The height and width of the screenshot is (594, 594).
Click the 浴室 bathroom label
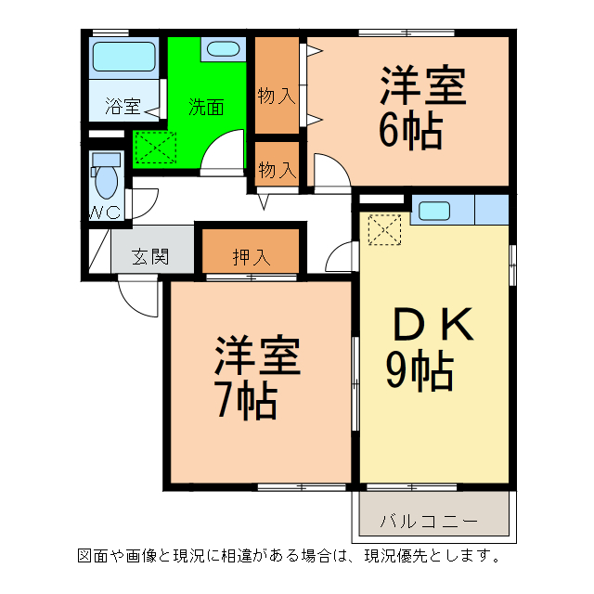click(122, 107)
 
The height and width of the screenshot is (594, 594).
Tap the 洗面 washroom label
click(206, 107)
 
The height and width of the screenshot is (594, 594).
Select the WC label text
click(105, 213)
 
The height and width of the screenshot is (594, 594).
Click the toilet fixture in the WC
click(105, 174)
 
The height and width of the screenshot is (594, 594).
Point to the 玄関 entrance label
click(149, 257)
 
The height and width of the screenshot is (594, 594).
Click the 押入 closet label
click(251, 257)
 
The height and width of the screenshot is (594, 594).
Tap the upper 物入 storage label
click(277, 95)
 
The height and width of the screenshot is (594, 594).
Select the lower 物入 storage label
click(277, 171)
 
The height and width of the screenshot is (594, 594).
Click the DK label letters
click(434, 326)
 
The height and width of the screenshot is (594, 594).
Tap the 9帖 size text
click(420, 371)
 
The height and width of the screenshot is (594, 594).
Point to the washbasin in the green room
click(222, 50)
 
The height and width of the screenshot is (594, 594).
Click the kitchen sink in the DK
click(433, 210)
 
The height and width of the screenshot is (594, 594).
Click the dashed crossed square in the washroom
click(155, 146)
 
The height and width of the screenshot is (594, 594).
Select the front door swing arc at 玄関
click(135, 297)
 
